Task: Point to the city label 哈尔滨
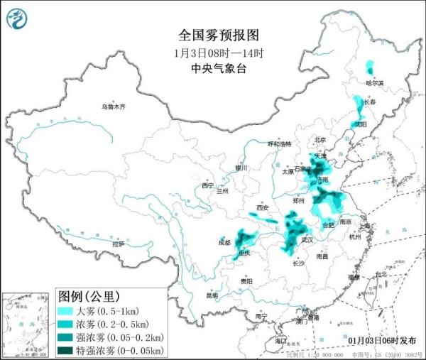[x=374, y=83]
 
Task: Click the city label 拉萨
[x=118, y=244]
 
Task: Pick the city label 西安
[x=263, y=208]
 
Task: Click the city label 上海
[x=365, y=227]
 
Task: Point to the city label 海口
[x=280, y=342]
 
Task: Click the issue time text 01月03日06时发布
[x=383, y=340]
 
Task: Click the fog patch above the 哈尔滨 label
[x=370, y=68]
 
